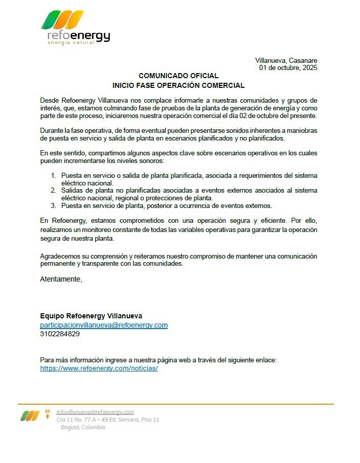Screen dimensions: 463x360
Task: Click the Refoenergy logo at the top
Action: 75,29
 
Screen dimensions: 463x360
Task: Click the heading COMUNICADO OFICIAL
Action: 178,76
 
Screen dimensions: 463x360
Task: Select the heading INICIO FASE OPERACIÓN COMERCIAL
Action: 178,85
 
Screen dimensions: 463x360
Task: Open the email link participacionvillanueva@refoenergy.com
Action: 104,325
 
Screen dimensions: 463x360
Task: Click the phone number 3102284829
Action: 60,334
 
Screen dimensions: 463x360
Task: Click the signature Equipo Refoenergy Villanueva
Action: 91,316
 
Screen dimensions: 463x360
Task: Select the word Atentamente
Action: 60,279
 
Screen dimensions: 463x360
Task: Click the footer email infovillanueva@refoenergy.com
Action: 95,412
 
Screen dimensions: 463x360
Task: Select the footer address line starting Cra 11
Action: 108,420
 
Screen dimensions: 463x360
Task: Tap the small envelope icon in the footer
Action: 48,411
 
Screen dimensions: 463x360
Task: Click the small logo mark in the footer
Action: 30,416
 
